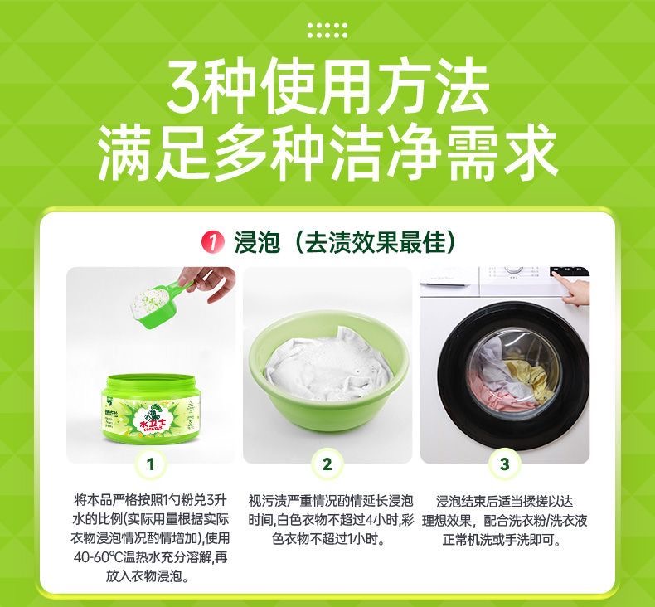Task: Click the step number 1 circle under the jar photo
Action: point(151,464)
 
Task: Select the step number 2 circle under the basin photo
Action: point(327,464)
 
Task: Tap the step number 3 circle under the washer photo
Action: point(505,464)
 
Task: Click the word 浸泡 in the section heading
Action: point(256,242)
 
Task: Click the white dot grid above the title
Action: point(327,31)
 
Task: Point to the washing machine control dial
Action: point(513,270)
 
